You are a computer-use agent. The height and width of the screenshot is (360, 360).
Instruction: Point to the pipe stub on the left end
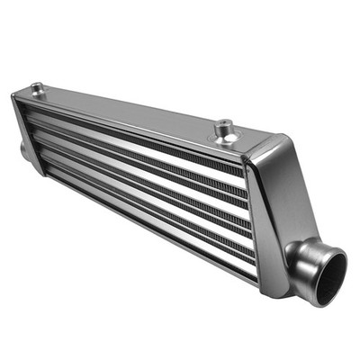tap(24, 148)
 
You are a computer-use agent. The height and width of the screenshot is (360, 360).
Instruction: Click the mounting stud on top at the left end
tap(37, 88)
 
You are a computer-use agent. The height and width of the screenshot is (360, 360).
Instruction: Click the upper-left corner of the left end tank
tap(14, 95)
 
